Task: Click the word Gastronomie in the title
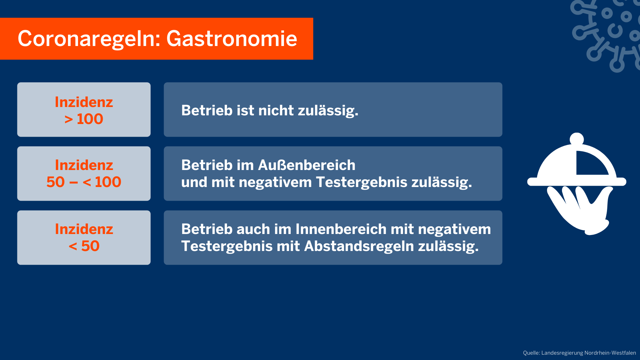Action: point(232,39)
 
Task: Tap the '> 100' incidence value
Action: point(84,119)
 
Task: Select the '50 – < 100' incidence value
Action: point(84,182)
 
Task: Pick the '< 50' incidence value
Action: point(84,246)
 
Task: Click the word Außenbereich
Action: point(307,165)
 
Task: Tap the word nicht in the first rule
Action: point(276,110)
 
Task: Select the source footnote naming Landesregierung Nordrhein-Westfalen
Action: point(579,353)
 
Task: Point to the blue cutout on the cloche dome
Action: point(590,164)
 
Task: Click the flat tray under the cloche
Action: point(577,182)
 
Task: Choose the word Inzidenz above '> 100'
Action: point(84,102)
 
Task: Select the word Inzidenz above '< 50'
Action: point(84,229)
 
